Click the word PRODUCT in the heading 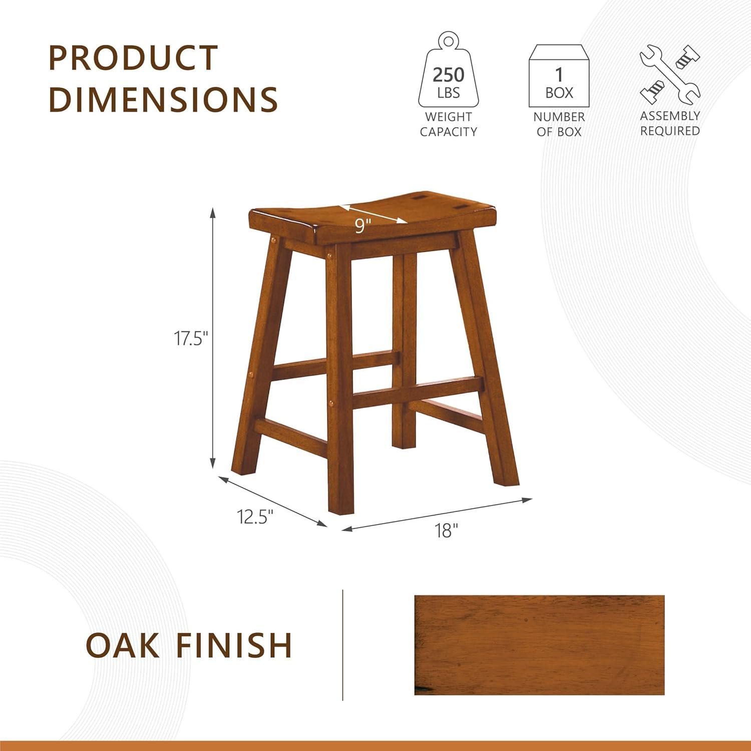pos(133,58)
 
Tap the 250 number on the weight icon pos(448,75)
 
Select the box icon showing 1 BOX pos(559,76)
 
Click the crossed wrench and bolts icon pos(670,75)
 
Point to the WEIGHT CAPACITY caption pos(448,124)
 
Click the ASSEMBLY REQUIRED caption pos(670,123)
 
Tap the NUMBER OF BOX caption pos(559,124)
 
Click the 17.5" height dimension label pos(190,339)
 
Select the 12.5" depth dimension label pos(255,517)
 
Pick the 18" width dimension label pos(446,530)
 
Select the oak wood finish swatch pos(539,645)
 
